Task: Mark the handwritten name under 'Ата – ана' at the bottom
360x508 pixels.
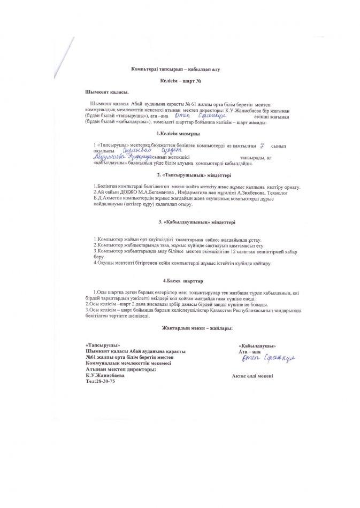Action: point(261,359)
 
